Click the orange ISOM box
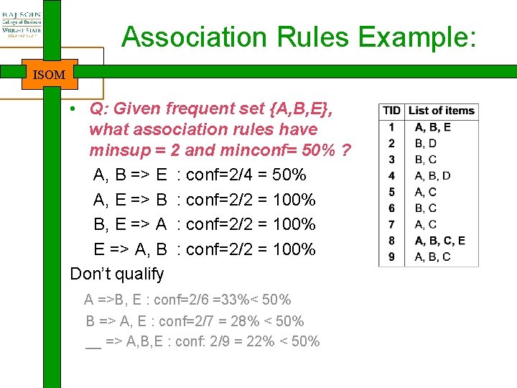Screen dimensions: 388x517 tap(50, 74)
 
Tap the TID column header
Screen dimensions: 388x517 tap(391, 111)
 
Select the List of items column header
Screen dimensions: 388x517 tap(441, 111)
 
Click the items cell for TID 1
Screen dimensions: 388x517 tap(433, 127)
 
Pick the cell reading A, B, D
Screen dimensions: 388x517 tap(433, 175)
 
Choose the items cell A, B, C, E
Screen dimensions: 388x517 tap(440, 241)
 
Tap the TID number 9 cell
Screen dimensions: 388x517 tap(391, 257)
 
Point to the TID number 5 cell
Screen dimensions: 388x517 tap(391, 192)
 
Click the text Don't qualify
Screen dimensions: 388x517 tap(117, 274)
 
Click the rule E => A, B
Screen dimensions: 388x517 tap(131, 249)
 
